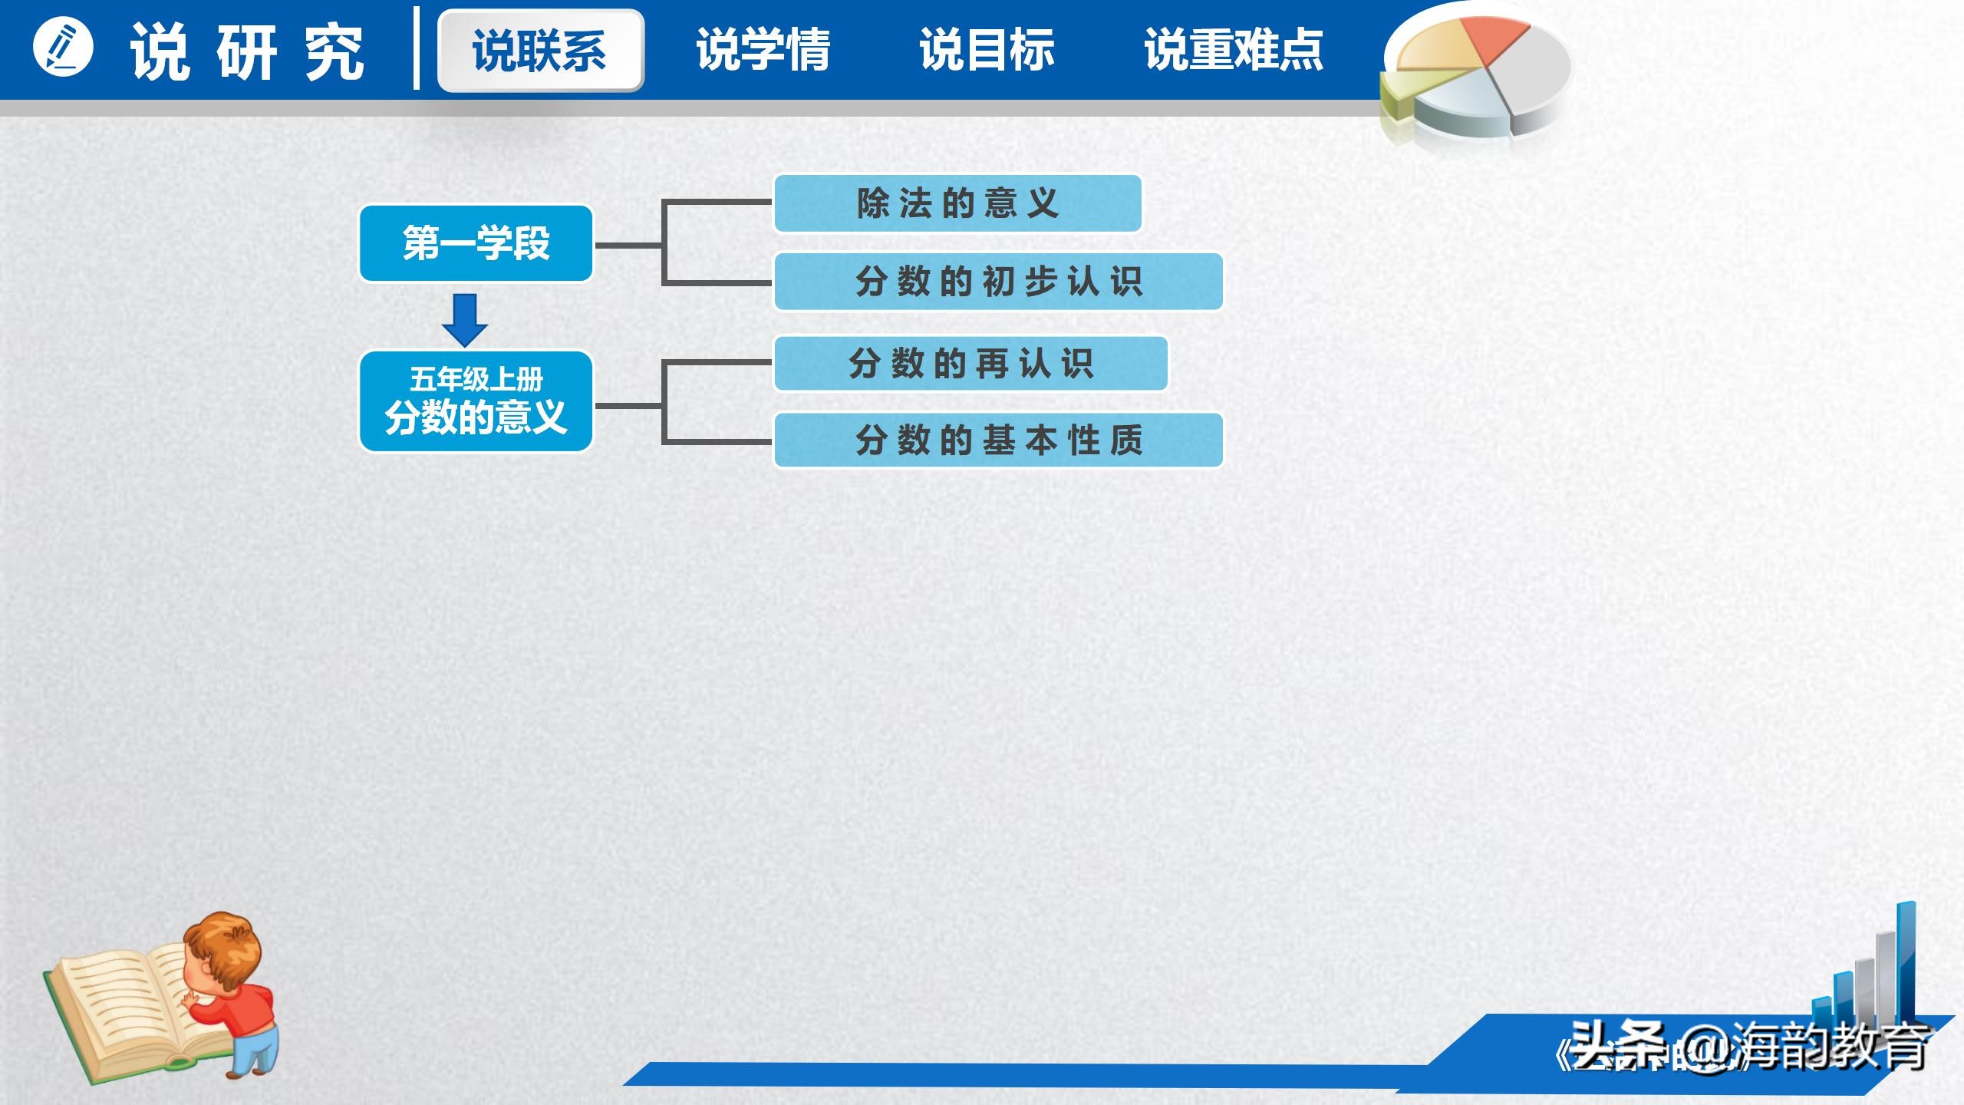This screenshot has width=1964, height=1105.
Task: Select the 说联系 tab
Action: click(540, 51)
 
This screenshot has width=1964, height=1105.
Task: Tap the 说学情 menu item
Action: click(763, 51)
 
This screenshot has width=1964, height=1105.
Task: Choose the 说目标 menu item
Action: click(987, 51)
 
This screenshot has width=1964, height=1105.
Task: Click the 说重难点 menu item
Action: click(1234, 51)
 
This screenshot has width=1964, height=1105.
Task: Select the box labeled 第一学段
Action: click(476, 243)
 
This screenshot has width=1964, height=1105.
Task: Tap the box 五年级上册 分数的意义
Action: click(476, 401)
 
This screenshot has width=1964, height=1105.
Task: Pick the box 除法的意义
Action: click(957, 203)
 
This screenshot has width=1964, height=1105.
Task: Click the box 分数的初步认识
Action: click(998, 282)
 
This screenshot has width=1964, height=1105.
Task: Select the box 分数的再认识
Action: click(970, 363)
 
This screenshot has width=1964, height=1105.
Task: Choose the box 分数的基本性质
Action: click(998, 440)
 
